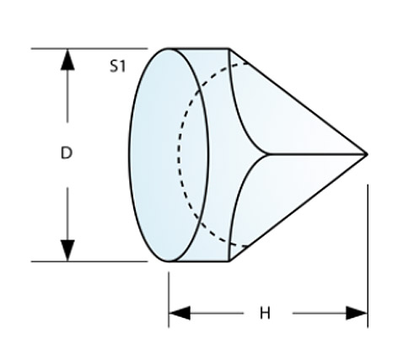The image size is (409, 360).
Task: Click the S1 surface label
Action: tap(117, 67)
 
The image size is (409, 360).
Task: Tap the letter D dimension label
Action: tap(67, 153)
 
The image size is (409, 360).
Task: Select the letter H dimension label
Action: tap(265, 314)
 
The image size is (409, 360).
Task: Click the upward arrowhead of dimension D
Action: tap(67, 59)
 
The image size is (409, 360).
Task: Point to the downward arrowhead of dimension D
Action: tap(67, 250)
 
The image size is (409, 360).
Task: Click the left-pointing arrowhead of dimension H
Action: tap(180, 313)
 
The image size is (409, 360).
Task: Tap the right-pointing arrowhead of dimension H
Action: tap(357, 313)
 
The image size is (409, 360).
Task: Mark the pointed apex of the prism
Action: tap(367, 154)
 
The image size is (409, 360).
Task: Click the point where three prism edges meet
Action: tap(266, 154)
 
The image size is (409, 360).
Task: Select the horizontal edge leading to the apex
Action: tap(316, 154)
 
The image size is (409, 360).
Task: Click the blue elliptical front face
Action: tap(169, 155)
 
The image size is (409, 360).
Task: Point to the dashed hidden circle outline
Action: tap(179, 155)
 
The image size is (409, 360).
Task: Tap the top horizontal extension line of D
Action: tap(89, 49)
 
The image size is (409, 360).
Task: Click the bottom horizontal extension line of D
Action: tap(89, 261)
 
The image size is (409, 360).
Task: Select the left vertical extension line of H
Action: tap(169, 299)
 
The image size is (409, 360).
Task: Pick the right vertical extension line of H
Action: tap(368, 256)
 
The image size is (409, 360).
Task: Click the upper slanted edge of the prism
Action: tap(298, 101)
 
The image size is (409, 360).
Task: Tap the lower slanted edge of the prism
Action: tap(298, 207)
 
